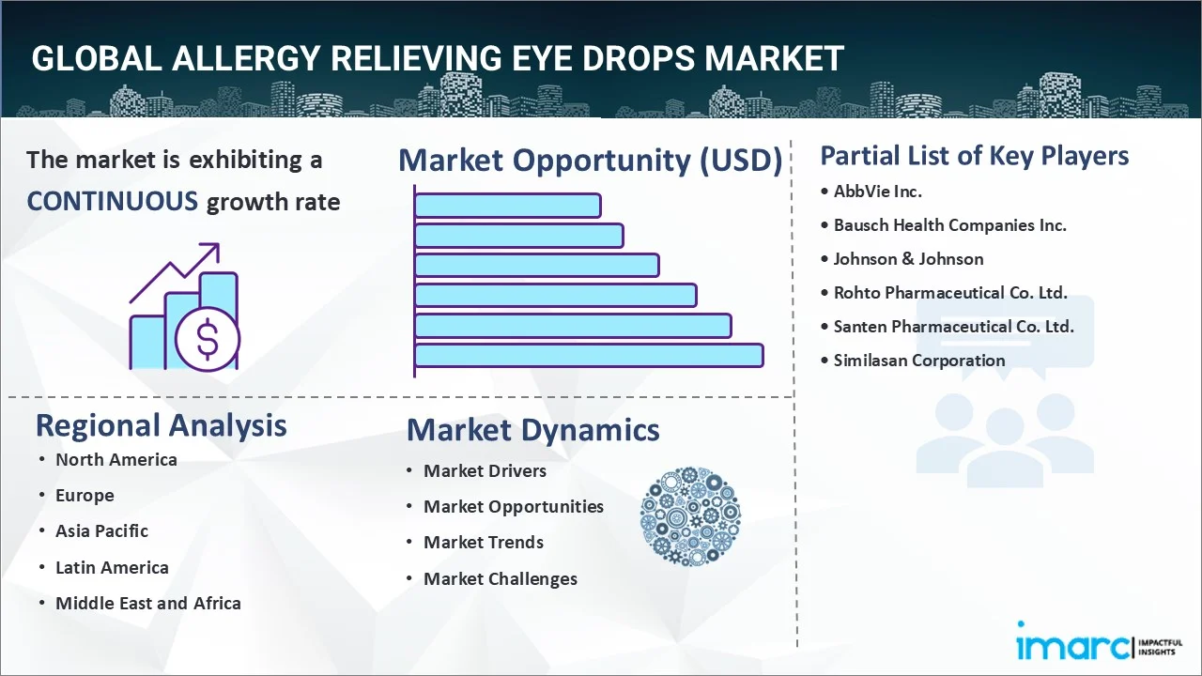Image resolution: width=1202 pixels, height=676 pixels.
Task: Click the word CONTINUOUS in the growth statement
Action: pos(113,201)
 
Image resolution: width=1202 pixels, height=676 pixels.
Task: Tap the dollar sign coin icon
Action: pos(208,341)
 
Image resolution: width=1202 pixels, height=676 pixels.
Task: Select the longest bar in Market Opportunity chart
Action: pos(589,355)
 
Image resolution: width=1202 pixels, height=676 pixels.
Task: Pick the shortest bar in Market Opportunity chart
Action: pos(507,205)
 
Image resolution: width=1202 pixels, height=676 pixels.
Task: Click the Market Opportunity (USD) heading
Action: pos(590,161)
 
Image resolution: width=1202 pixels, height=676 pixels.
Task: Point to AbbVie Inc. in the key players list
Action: pos(878,192)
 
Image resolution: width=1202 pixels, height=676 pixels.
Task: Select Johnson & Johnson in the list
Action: pos(908,259)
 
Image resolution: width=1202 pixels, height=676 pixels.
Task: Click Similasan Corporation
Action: pos(918,361)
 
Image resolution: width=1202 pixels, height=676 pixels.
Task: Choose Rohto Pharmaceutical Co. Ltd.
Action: pos(950,293)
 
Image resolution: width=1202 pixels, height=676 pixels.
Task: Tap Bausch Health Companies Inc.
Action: pos(949,225)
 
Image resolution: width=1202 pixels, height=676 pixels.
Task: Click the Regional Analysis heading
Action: pos(161,425)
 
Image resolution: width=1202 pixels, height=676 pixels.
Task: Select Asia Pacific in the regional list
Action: pos(101,531)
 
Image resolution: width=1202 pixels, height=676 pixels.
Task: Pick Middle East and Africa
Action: pos(147,604)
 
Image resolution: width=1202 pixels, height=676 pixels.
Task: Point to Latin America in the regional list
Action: pos(112,568)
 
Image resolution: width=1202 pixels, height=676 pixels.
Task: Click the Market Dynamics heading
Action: pos(532,430)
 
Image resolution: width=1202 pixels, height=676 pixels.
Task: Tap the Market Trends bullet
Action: pos(483,543)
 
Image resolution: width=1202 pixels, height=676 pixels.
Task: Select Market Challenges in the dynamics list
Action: pos(500,579)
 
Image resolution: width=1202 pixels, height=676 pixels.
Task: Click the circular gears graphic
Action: pos(690,517)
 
